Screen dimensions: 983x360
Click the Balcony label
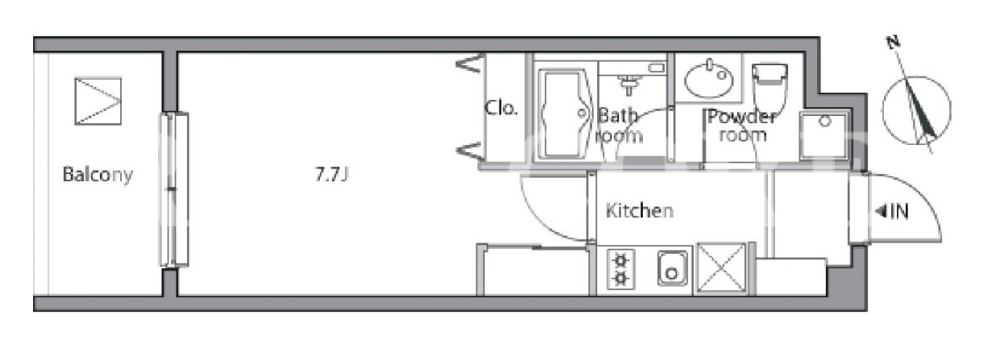(97, 175)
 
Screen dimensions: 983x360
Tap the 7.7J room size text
(332, 175)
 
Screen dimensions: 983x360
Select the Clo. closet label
(500, 108)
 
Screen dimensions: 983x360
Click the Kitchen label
(640, 210)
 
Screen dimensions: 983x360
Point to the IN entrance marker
(892, 212)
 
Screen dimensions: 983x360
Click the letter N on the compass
(893, 43)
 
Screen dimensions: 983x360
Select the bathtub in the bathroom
(563, 113)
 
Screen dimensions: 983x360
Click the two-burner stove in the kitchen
(620, 270)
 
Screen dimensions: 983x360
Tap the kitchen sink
(672, 268)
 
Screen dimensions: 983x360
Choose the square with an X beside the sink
(721, 267)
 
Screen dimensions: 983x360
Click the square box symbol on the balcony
(97, 101)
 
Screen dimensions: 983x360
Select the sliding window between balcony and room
(174, 189)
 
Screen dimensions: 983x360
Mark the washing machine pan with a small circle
(824, 135)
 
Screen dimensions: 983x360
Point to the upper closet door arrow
(470, 64)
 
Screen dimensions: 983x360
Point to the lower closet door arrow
(470, 151)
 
